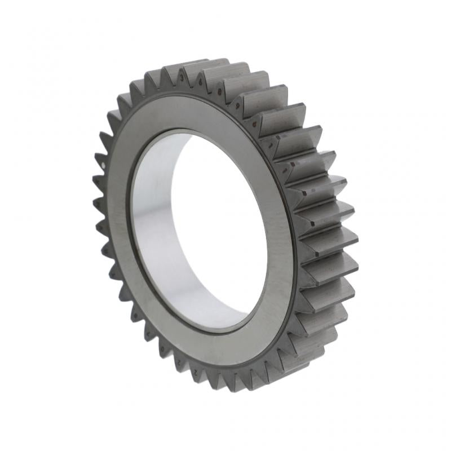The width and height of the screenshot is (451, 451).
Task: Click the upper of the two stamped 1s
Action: click(271, 145)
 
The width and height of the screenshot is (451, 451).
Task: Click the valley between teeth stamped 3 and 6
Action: click(192, 85)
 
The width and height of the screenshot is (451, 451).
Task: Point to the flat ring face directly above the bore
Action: click(186, 113)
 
